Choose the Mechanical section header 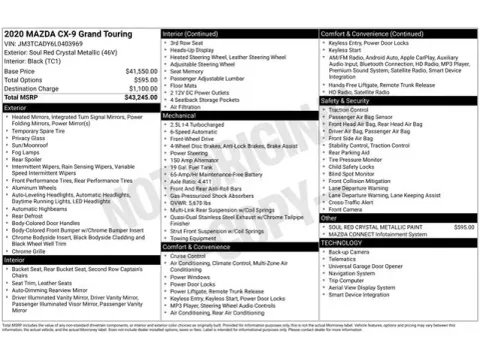click(x=182, y=116)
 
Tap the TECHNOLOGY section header click(x=343, y=243)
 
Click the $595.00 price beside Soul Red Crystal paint click(x=464, y=227)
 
